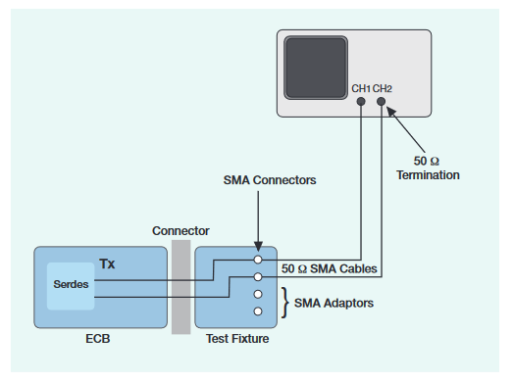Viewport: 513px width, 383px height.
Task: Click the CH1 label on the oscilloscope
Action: [361, 89]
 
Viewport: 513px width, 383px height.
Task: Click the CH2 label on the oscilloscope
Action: [383, 89]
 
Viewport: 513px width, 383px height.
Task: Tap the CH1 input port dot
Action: [361, 101]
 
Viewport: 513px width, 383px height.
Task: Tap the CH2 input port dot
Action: [381, 101]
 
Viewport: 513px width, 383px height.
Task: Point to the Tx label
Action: [108, 264]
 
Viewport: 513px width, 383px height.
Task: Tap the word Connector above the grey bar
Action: [180, 231]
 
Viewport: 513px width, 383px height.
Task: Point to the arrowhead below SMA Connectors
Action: [257, 249]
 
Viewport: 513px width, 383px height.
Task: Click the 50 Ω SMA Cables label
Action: [330, 267]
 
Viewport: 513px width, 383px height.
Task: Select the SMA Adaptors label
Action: [335, 303]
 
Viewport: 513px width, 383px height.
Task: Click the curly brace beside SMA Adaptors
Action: [284, 303]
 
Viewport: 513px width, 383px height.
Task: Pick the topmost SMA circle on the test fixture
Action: [257, 261]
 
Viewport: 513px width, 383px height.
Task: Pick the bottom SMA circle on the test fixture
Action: [257, 311]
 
